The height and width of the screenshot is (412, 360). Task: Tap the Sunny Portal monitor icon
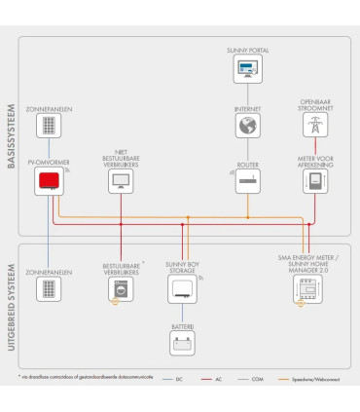pyautogui.click(x=247, y=69)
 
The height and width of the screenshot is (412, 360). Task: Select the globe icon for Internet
pyautogui.click(x=247, y=127)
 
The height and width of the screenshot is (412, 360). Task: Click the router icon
pyautogui.click(x=247, y=181)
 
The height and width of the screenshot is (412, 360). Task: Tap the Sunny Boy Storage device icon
pyautogui.click(x=181, y=288)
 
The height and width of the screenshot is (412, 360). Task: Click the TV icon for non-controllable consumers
pyautogui.click(x=122, y=182)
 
